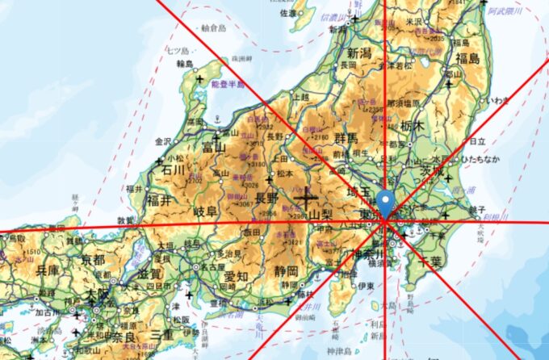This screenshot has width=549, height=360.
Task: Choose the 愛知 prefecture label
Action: tap(236, 277)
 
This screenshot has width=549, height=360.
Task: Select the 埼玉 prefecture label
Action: tap(357, 192)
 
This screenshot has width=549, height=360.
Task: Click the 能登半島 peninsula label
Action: tap(228, 83)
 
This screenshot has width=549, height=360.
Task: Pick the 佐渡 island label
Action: tap(288, 13)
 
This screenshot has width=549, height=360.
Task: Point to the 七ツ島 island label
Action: tap(177, 50)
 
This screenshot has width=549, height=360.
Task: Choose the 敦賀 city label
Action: tap(125, 220)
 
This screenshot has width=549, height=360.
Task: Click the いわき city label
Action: tap(497, 99)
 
